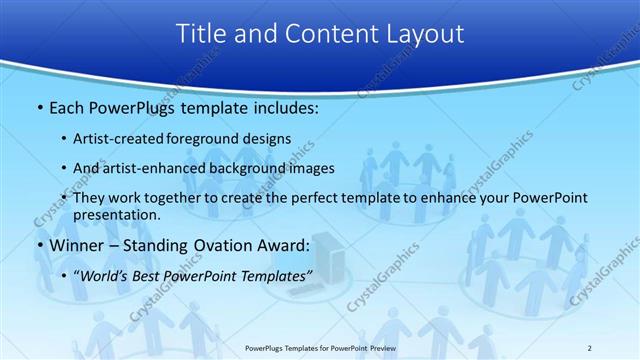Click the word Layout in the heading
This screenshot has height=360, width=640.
(x=419, y=34)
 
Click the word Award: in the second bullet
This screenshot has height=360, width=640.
(x=286, y=244)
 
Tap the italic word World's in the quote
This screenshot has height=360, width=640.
(x=104, y=274)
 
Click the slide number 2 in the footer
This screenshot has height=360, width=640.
(x=589, y=347)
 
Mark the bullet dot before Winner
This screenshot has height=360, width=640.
(x=39, y=245)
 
